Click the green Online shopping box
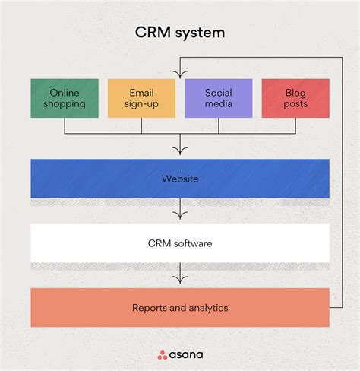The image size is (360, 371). (65, 98)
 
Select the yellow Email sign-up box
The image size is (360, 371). (141, 98)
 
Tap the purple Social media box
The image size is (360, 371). (219, 98)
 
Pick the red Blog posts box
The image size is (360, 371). (295, 98)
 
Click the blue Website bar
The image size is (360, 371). (180, 179)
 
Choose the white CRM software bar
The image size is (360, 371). (180, 243)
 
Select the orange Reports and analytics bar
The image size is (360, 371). (180, 308)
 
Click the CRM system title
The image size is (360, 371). (180, 33)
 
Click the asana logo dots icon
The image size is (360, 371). (162, 354)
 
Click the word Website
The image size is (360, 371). (180, 179)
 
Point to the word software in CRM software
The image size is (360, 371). (192, 244)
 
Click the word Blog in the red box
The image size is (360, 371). (295, 93)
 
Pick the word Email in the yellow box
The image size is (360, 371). (141, 93)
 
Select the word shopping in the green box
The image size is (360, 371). (65, 104)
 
